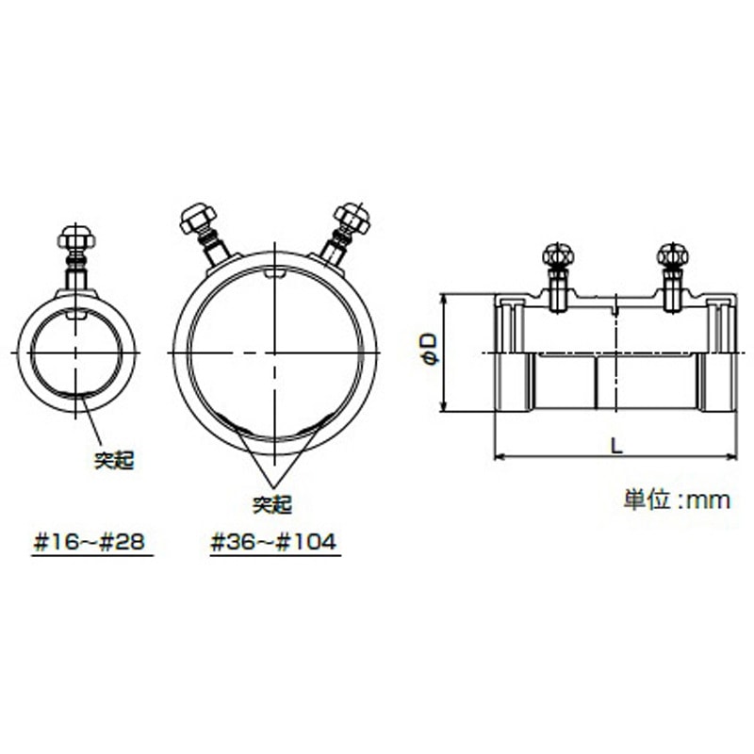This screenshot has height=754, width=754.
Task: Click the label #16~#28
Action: pyautogui.click(x=89, y=543)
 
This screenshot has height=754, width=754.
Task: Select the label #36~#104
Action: pyautogui.click(x=273, y=543)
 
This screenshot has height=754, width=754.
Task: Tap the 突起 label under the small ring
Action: pyautogui.click(x=114, y=461)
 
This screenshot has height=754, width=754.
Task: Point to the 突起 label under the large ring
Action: pyautogui.click(x=272, y=504)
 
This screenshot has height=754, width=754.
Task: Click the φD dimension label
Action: pyautogui.click(x=430, y=349)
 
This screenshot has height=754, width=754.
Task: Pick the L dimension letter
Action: pyautogui.click(x=616, y=446)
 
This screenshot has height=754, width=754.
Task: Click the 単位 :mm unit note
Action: pyautogui.click(x=677, y=500)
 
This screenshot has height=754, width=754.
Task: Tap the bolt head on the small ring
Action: pyautogui.click(x=76, y=238)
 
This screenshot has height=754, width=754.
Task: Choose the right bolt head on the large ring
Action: pyautogui.click(x=352, y=218)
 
